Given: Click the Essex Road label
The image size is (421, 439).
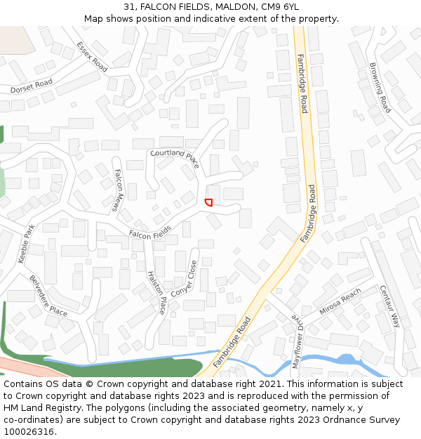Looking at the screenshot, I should tap(92, 57).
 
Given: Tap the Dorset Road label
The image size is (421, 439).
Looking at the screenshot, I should tap(32, 86).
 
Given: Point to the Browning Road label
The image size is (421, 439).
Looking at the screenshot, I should tap(380, 88).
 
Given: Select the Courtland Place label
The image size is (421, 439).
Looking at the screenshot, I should tap(175, 158).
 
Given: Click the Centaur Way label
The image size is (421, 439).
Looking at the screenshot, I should tap(389, 306).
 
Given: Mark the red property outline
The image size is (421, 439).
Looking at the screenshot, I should tap(208, 202).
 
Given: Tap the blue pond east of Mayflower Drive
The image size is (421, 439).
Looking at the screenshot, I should tap(346, 360).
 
